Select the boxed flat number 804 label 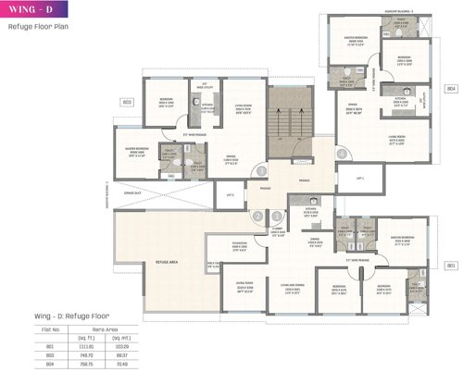[x=451, y=89]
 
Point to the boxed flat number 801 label [x=451, y=266]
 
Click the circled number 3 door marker [x=263, y=171]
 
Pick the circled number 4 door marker [x=342, y=154]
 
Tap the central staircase [x=288, y=124]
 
